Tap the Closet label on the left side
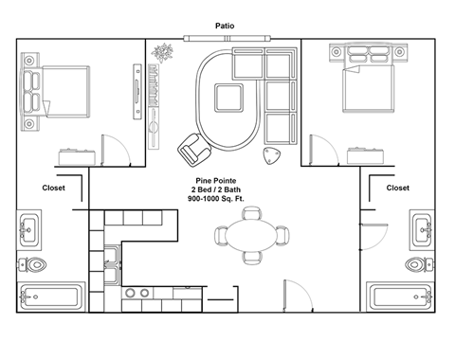pyautogui.click(x=55, y=188)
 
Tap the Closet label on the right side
pyautogui.click(x=397, y=188)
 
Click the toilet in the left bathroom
pyautogui.click(x=35, y=263)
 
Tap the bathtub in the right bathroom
pyautogui.click(x=403, y=297)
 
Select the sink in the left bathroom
pyautogui.click(x=29, y=227)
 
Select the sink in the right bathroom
pyautogui.click(x=424, y=227)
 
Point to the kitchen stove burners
pyautogui.click(x=137, y=294)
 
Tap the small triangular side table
pyautogui.click(x=275, y=156)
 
